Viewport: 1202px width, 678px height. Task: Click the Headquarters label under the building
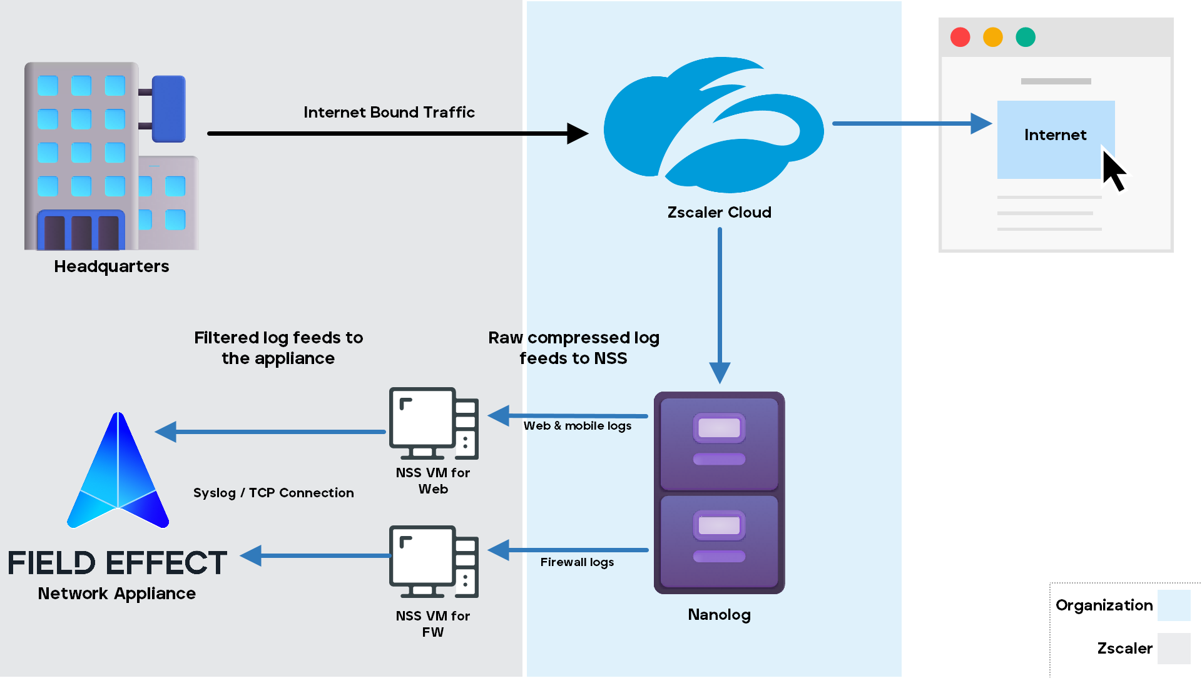[x=111, y=266]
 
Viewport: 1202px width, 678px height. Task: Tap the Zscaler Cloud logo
[x=713, y=125]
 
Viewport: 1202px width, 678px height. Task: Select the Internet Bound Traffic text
[x=389, y=113]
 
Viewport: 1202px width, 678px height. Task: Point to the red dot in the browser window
[x=960, y=38]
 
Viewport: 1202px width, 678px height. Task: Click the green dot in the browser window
[x=1026, y=38]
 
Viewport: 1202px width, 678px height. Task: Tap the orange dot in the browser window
[x=993, y=38]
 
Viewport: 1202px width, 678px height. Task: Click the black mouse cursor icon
[x=1113, y=169]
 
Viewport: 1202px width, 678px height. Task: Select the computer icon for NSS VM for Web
[x=434, y=423]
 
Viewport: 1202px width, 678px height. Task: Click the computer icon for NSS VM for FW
[x=434, y=562]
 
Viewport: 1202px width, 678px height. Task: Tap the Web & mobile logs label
[x=577, y=426]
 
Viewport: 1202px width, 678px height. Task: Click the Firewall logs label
[x=577, y=562]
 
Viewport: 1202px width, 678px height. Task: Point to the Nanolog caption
[x=719, y=615]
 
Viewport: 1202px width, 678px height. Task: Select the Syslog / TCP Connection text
[x=273, y=493]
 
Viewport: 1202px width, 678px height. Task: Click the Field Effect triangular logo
[x=118, y=475]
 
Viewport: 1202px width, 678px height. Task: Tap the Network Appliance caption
[x=117, y=594]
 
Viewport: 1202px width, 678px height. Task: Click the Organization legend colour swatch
[x=1173, y=605]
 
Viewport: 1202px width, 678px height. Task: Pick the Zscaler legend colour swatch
[x=1173, y=649]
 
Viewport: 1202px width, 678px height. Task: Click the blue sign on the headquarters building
[x=168, y=108]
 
